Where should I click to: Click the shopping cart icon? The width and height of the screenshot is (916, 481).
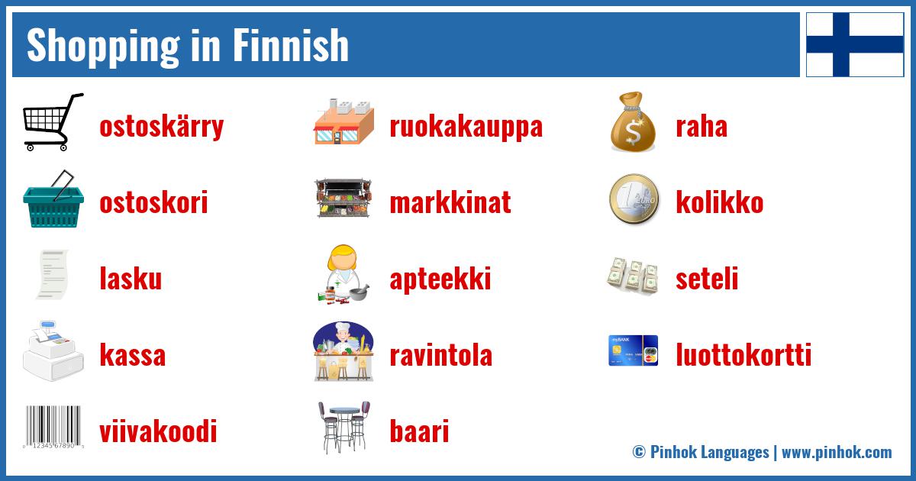tap(53, 122)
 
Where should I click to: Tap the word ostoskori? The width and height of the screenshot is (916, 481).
tap(153, 203)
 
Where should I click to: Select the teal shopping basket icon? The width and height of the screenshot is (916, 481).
tap(53, 199)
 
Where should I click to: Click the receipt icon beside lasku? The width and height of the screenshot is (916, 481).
tap(53, 275)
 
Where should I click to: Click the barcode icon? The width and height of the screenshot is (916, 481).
tap(53, 427)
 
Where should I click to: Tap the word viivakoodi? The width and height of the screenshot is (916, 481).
tap(158, 432)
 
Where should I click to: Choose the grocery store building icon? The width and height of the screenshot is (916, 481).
tap(344, 122)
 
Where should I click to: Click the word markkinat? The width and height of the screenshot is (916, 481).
tap(450, 203)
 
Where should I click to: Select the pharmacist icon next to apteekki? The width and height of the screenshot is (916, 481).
tap(343, 275)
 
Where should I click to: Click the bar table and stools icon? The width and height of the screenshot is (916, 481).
tap(343, 427)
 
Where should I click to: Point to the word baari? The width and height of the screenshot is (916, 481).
tap(418, 432)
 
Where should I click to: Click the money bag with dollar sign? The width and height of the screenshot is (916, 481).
tap(634, 122)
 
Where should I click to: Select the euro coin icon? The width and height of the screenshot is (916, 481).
tap(634, 199)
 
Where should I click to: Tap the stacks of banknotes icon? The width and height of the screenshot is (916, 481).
tap(633, 276)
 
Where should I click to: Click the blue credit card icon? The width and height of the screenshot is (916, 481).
tap(633, 350)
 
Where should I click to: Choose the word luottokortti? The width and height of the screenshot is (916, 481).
tap(743, 356)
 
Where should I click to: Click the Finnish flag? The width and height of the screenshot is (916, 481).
tap(855, 44)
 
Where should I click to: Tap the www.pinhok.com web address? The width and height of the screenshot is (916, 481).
tap(837, 452)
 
